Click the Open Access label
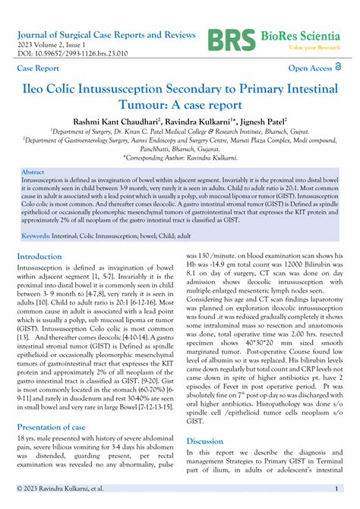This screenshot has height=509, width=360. (306, 69)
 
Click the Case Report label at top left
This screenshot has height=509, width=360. (37, 68)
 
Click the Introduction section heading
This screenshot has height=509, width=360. (50, 257)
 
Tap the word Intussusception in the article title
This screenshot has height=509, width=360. (125, 88)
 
